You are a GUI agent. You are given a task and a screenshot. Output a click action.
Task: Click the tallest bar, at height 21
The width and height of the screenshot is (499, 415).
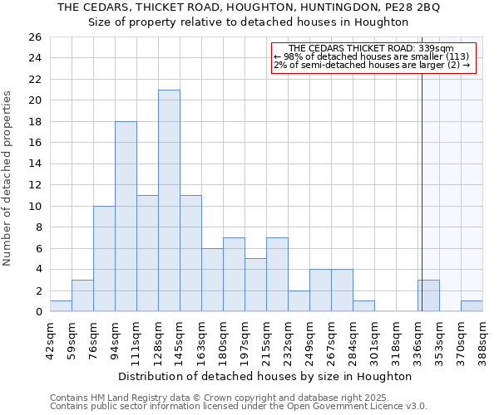[x=169, y=201]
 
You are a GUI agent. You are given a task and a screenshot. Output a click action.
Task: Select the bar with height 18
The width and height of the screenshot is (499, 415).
[x=126, y=217]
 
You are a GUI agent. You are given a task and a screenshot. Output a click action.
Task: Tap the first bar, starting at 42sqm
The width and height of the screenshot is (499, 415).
[x=61, y=306]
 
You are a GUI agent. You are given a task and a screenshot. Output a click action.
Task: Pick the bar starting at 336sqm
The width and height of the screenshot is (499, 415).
[x=428, y=295]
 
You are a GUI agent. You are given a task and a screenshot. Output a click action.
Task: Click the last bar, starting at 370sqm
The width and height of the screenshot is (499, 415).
[x=472, y=306]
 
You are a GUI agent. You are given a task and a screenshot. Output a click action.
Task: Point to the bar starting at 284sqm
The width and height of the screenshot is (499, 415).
[x=363, y=306]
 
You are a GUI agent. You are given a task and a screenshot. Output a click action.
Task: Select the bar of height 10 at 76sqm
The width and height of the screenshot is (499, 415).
[x=104, y=259]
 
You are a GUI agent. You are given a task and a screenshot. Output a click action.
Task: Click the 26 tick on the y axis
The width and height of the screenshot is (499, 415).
[x=34, y=37]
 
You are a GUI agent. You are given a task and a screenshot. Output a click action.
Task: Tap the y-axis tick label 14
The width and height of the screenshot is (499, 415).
[x=34, y=164]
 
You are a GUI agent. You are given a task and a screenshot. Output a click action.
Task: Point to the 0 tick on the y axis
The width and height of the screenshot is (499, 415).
[x=37, y=312]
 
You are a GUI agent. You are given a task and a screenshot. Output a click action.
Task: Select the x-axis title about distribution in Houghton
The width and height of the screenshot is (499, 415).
[x=265, y=376]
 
